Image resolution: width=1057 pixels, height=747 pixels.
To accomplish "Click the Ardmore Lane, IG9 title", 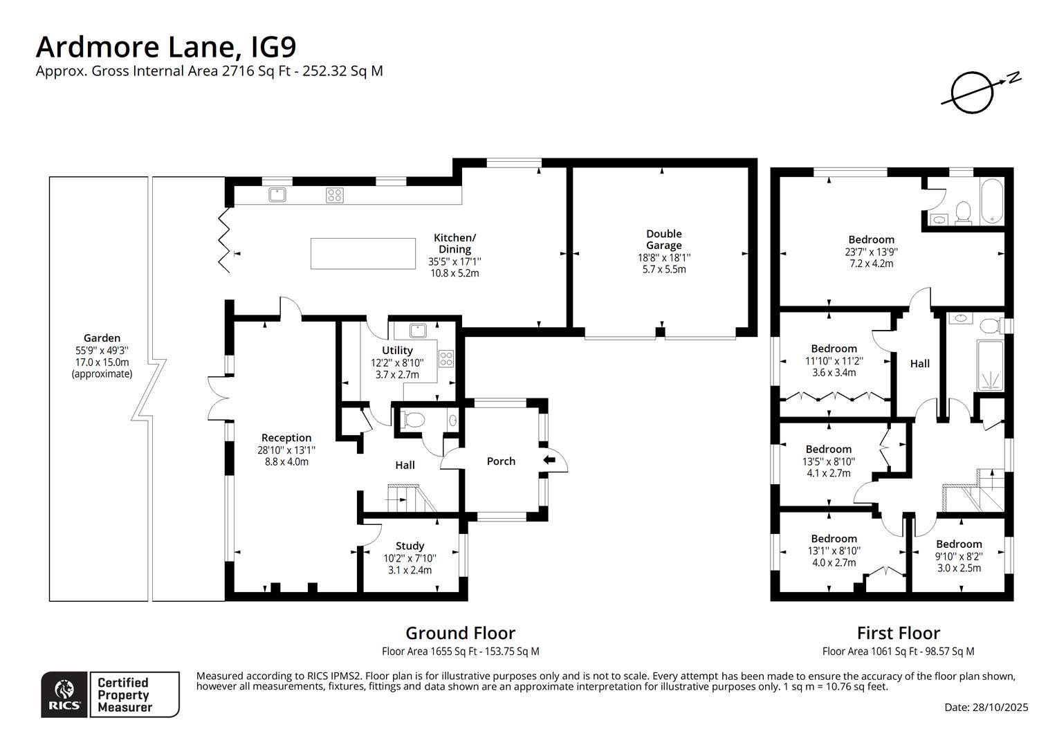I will point(166,47).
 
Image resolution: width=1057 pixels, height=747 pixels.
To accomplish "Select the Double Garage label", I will point(663,239).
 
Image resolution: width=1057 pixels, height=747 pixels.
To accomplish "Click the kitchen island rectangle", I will point(363,253).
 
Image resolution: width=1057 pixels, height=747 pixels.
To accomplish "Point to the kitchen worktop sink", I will point(278,195).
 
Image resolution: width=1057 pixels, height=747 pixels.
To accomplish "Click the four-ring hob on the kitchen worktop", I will point(335,195).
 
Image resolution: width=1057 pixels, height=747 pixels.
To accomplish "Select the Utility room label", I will point(397,351).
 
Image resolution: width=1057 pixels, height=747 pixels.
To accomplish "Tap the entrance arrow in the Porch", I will point(549,460).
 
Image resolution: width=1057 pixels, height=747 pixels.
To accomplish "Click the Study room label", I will point(410,546).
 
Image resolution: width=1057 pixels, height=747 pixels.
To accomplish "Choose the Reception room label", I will point(286,438).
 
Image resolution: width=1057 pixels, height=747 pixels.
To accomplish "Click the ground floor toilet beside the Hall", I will point(414,419).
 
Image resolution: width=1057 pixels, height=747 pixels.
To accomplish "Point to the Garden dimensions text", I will point(102,356).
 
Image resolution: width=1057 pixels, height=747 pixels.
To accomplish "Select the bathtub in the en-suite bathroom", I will point(991,201).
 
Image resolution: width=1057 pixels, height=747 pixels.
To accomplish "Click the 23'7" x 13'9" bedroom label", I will point(871,252).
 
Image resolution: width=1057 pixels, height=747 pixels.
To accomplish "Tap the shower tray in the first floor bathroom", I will point(992,379).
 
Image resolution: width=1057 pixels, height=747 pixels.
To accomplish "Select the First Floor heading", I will point(898,633).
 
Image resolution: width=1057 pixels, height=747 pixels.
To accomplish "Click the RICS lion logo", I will point(64,694).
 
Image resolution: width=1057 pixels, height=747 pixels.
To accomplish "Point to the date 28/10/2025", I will point(986,707).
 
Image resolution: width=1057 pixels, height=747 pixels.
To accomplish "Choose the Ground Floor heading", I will point(460,633).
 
